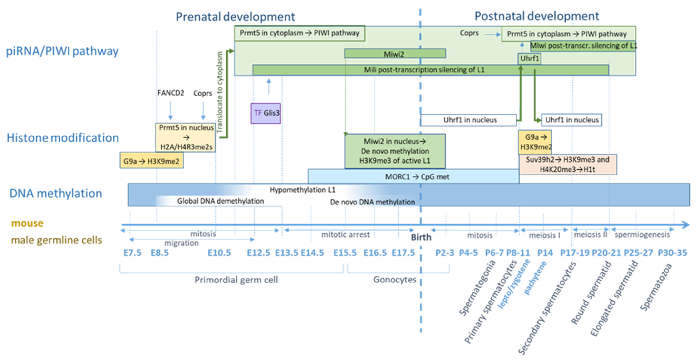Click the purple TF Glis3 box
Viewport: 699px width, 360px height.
[265, 113]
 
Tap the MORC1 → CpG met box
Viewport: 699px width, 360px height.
[413, 177]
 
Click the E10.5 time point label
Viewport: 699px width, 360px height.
[219, 253]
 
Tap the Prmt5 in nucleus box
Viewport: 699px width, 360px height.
[186, 137]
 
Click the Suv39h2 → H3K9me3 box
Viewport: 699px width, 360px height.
[567, 164]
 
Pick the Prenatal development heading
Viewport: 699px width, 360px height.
[235, 17]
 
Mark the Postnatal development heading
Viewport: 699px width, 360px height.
[537, 16]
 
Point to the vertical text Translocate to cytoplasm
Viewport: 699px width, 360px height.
[220, 92]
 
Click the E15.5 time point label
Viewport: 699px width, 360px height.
[345, 253]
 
